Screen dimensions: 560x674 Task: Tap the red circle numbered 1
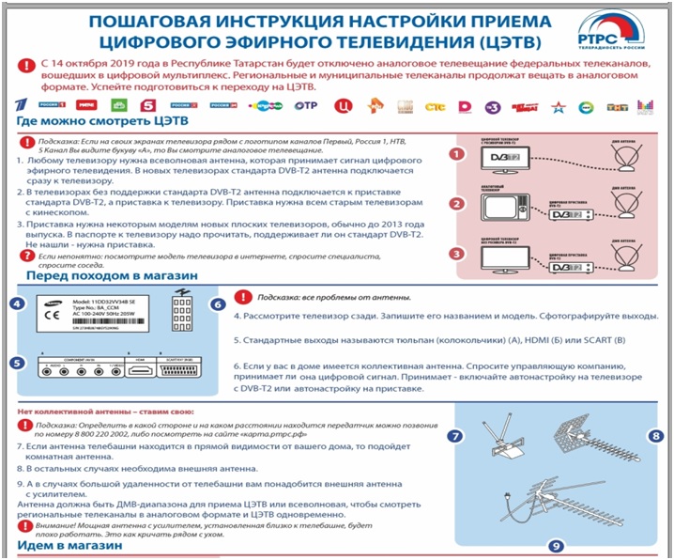tap(455, 153)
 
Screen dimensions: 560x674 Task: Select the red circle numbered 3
tap(455, 253)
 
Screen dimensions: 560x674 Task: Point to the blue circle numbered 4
tap(16, 304)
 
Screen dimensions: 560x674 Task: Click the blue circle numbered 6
tap(218, 304)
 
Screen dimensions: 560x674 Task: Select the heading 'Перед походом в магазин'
tap(112, 276)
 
